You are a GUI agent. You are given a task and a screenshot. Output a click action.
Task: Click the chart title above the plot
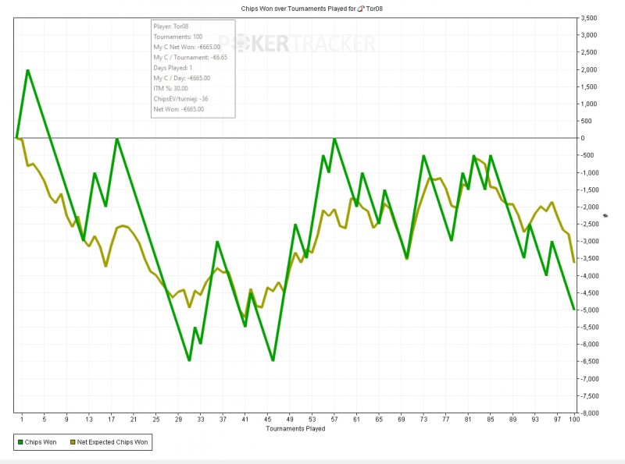click(312, 8)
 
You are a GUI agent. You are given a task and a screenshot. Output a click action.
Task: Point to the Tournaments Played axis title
click(295, 428)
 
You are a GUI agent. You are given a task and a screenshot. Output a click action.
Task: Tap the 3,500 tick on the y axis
click(588, 18)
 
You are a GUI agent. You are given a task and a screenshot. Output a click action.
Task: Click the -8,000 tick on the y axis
click(587, 413)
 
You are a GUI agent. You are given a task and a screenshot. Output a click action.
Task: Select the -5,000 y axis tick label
click(587, 310)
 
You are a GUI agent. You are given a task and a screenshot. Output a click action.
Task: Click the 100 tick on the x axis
click(574, 420)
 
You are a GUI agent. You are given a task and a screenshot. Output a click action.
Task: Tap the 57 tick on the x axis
click(334, 420)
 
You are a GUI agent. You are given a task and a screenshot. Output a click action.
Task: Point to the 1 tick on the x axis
click(22, 420)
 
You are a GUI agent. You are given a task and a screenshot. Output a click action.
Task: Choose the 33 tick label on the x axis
click(201, 420)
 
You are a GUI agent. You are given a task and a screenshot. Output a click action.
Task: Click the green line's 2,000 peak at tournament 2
click(27, 70)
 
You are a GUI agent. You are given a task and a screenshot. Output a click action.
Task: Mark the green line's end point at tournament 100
click(574, 310)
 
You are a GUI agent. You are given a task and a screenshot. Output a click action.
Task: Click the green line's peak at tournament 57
click(334, 139)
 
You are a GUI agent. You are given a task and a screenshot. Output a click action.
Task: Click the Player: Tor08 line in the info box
click(171, 27)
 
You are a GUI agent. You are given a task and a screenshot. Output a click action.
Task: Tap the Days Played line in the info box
click(176, 68)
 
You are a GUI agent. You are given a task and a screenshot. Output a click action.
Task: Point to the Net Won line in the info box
click(179, 109)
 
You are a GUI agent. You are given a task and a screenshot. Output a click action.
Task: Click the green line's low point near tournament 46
click(273, 360)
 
